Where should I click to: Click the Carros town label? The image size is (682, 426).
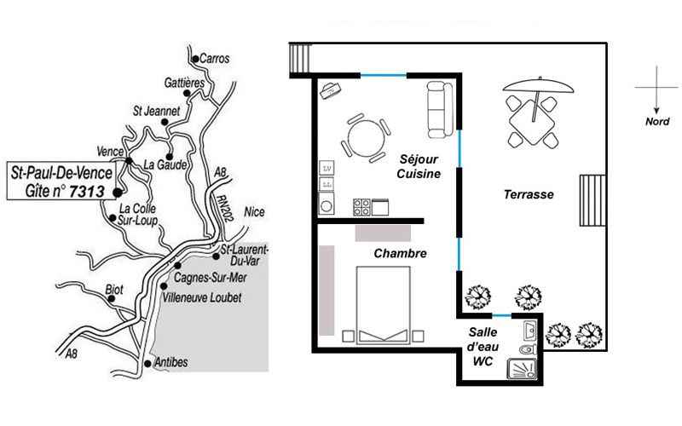(215, 58)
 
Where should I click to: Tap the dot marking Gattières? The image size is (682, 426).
(187, 93)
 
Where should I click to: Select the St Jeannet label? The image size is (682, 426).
(156, 111)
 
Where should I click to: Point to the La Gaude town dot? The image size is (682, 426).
(169, 157)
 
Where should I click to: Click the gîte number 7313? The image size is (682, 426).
(87, 192)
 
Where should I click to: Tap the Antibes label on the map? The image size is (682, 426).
(171, 361)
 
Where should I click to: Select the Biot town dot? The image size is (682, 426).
(112, 299)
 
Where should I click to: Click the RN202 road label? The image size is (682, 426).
(224, 207)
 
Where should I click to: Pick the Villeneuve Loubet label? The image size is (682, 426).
(202, 297)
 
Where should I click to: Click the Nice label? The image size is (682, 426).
(254, 211)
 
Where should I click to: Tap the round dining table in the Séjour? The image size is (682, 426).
(367, 138)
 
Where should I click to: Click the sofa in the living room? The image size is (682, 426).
(440, 110)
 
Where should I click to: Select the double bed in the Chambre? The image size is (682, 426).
(383, 305)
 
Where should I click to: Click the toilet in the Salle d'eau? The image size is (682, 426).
(529, 349)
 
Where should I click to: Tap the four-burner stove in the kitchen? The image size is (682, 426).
(361, 207)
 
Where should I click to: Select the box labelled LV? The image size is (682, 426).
(327, 168)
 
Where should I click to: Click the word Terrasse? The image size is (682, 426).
(529, 194)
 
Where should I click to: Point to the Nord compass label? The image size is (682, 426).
(656, 122)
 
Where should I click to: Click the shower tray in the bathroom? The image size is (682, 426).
(522, 369)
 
